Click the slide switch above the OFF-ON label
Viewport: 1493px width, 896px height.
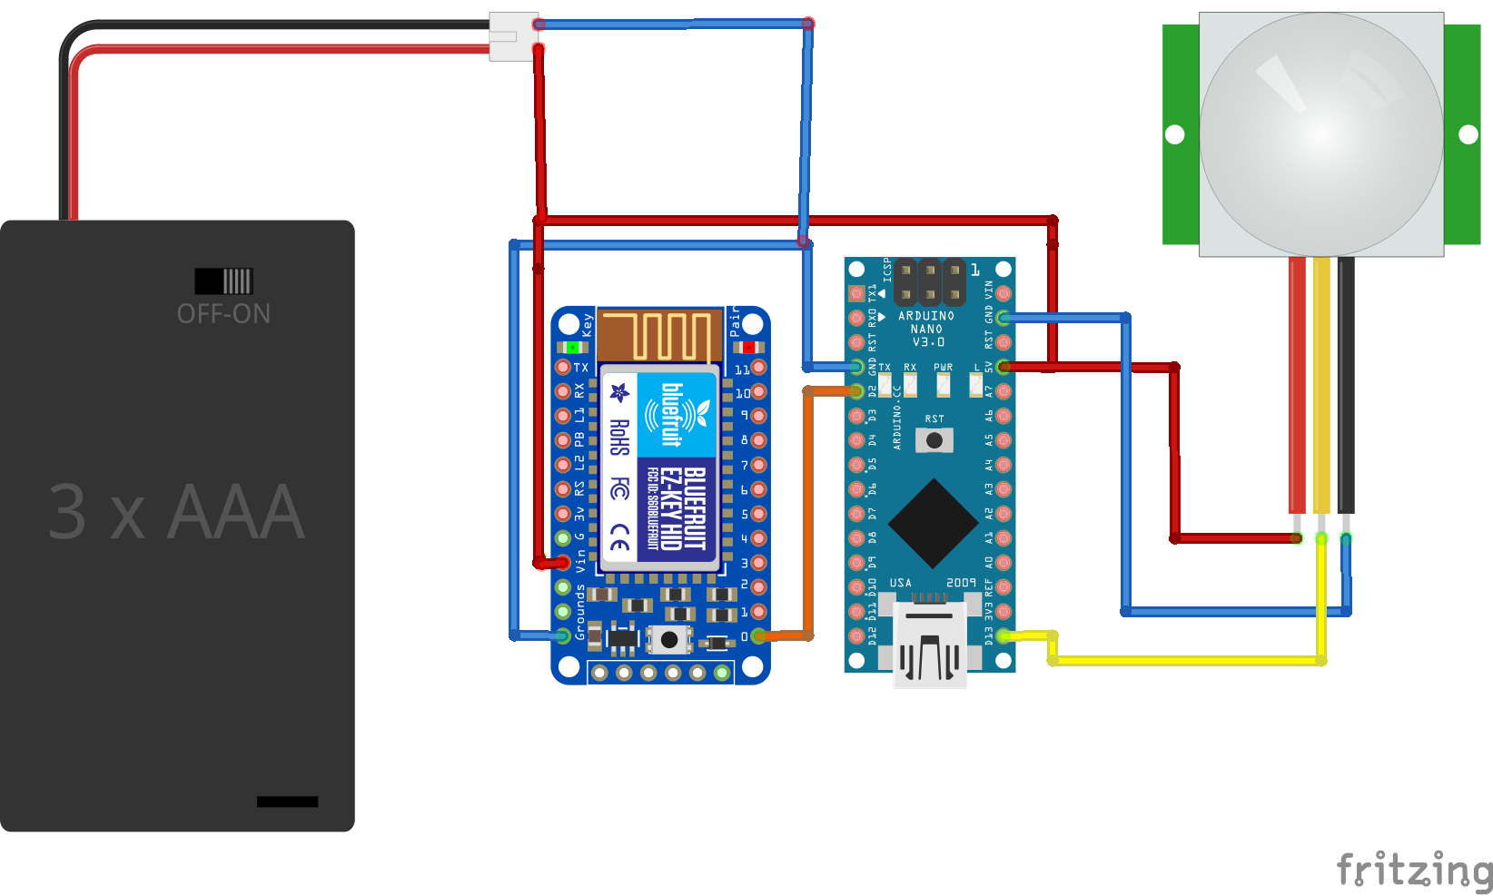(x=223, y=281)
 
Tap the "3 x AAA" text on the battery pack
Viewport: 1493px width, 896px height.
(x=176, y=512)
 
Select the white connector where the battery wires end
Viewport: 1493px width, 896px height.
(x=512, y=36)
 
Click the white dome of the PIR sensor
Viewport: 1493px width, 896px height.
(x=1321, y=133)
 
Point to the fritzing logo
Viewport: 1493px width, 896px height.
(x=1413, y=870)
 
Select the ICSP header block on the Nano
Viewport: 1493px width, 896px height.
(x=929, y=282)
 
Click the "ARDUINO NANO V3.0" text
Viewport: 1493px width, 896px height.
(x=926, y=329)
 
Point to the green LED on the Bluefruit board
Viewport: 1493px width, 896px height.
(x=572, y=347)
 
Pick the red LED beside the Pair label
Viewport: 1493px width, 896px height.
(x=748, y=347)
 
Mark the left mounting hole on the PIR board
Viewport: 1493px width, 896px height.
(x=1175, y=134)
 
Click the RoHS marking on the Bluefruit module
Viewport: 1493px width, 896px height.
(x=619, y=438)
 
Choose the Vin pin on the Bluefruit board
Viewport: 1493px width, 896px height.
(x=563, y=563)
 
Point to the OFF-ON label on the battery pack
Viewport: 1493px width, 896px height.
(x=223, y=314)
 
